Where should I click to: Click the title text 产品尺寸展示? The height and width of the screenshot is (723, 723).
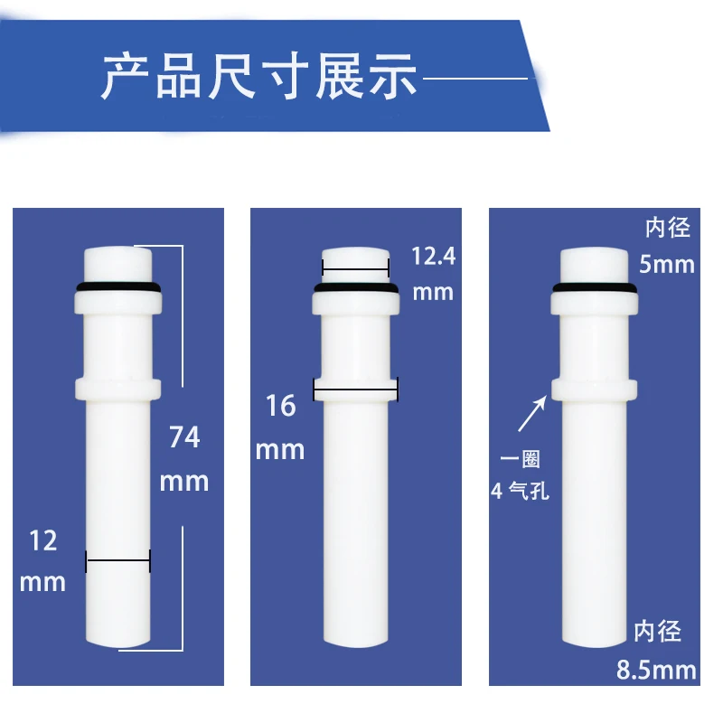point(258,76)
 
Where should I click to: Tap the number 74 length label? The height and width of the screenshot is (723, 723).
point(184,437)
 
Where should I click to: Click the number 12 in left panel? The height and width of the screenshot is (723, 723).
point(43,540)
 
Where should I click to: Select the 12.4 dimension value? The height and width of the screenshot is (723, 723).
point(434,257)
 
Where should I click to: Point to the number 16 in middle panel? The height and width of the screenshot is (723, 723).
point(281,406)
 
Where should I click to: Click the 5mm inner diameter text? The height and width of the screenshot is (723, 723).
point(667,265)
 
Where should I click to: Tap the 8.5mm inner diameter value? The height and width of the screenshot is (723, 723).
point(656,670)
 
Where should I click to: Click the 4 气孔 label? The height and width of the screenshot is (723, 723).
point(521,491)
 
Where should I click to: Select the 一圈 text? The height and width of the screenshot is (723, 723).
point(521,459)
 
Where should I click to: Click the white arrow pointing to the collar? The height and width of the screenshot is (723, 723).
point(532,414)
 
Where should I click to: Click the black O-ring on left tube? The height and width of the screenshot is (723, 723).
point(118,287)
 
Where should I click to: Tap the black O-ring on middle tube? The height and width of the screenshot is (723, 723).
point(356,288)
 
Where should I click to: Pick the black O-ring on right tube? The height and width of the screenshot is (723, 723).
point(595,288)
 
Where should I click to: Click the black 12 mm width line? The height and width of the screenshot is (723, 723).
point(118,560)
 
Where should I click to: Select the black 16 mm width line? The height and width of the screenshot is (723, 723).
point(355,390)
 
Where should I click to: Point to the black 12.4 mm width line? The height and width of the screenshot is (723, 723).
point(355,268)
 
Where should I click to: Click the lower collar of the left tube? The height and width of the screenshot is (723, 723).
point(118,389)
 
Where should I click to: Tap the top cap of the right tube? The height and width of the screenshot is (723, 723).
point(595,264)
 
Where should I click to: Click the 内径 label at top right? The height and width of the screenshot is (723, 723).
point(668,228)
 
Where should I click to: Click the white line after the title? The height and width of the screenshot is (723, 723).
point(475,79)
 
